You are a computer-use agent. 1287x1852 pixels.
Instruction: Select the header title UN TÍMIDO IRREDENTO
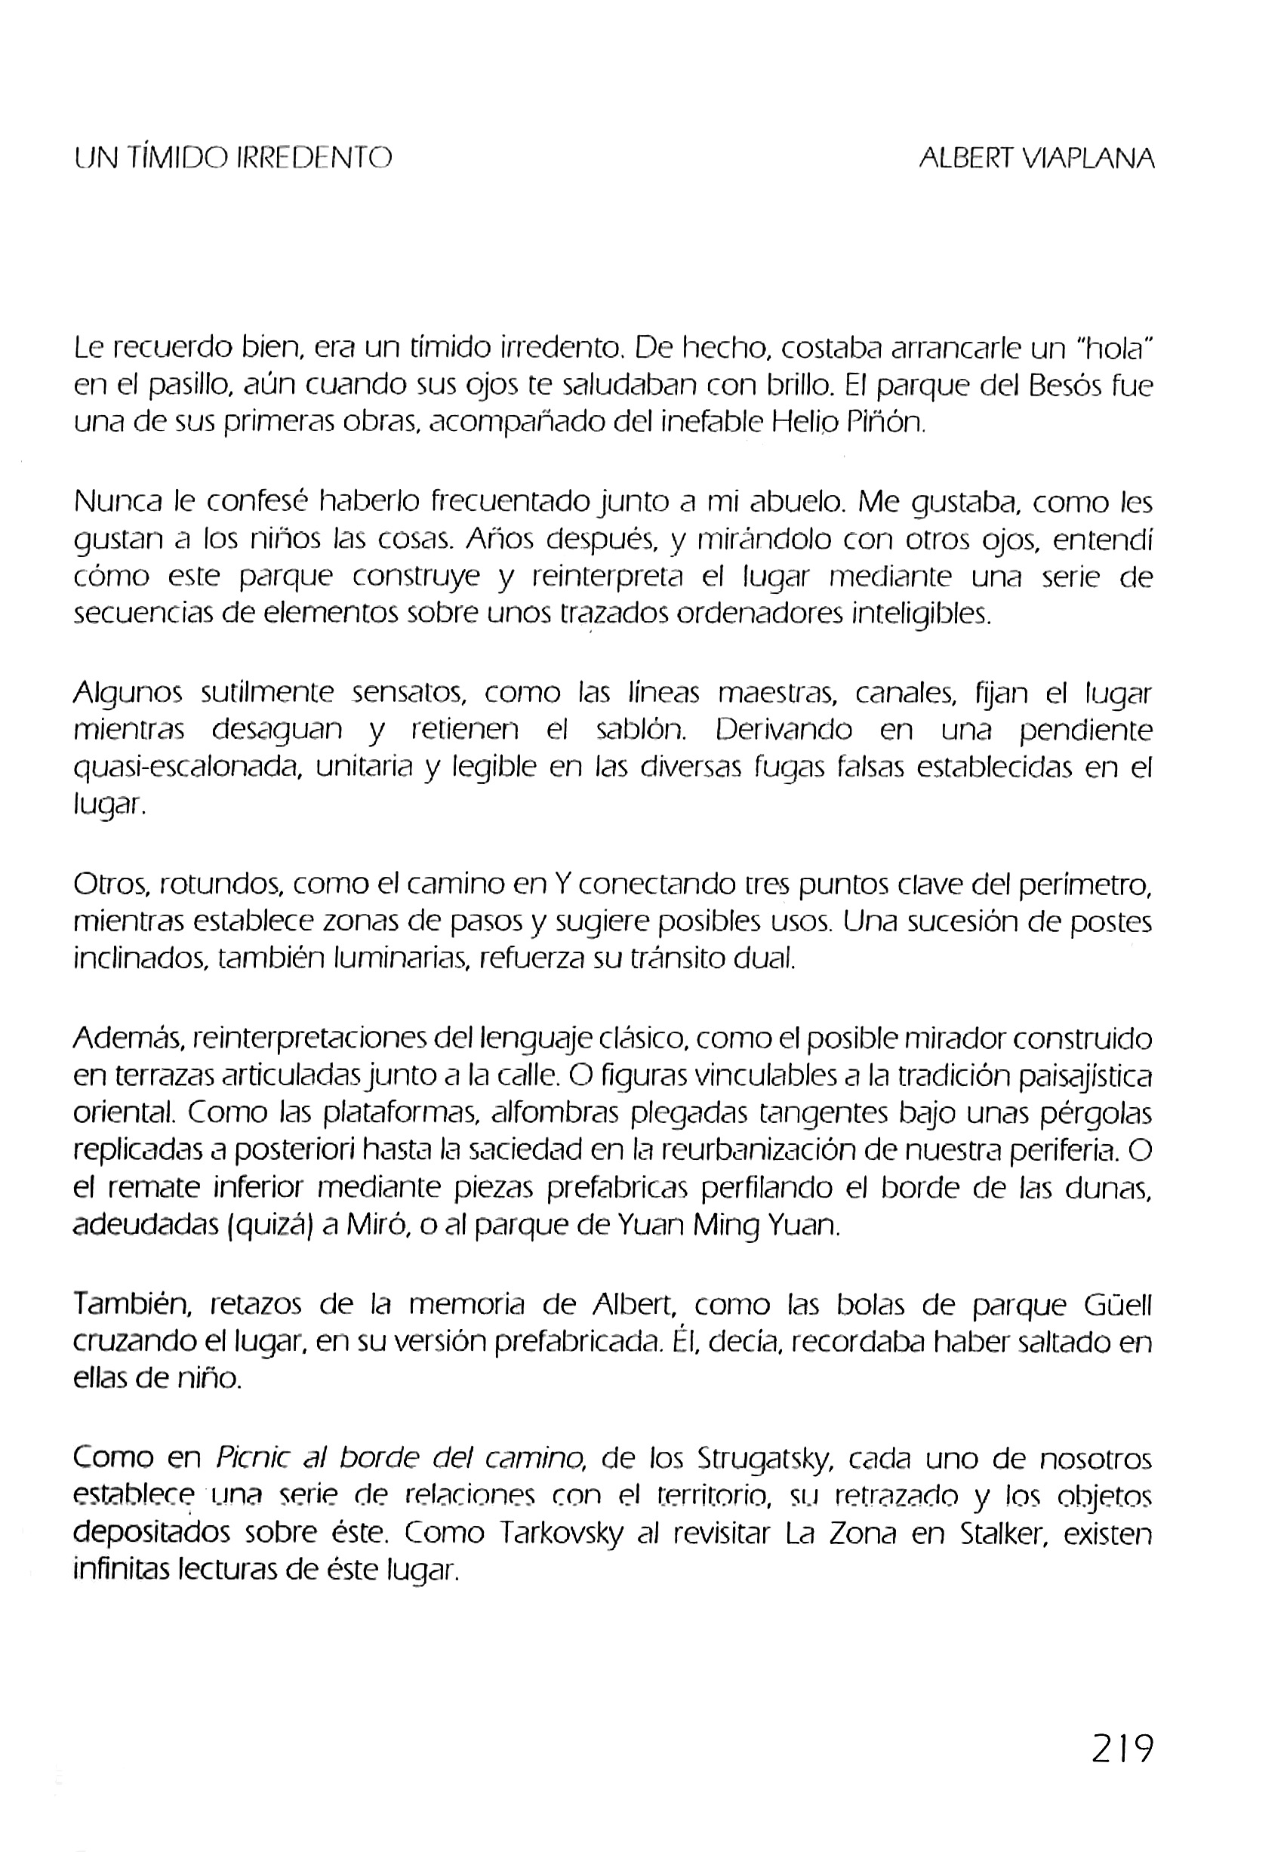[x=233, y=157]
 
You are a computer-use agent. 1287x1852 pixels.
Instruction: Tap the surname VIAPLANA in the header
[x=1088, y=158]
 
